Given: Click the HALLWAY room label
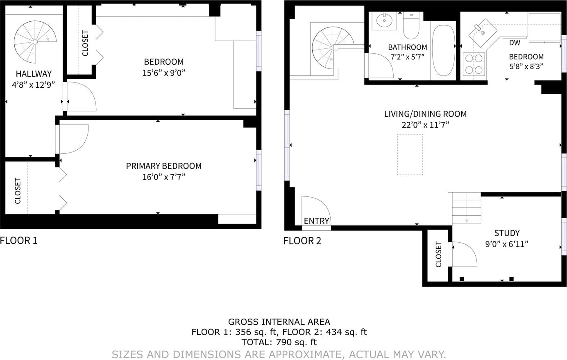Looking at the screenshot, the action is click(x=34, y=74).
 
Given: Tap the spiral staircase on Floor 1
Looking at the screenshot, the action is click(x=35, y=42).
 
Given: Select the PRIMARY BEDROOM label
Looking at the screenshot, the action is click(x=164, y=166).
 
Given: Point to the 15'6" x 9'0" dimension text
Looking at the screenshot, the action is click(x=164, y=73).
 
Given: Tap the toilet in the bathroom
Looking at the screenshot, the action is click(x=411, y=25).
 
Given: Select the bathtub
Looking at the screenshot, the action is click(x=443, y=50).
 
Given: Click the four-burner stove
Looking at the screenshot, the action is click(x=474, y=64).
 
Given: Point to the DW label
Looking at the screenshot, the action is click(x=515, y=43).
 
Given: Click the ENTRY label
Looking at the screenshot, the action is click(x=316, y=221).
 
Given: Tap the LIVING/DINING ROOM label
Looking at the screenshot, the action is click(x=425, y=114).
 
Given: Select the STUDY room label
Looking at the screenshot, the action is click(x=507, y=233).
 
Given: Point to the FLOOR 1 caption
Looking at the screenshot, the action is click(x=19, y=240).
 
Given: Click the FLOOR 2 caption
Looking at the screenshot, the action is click(x=302, y=241).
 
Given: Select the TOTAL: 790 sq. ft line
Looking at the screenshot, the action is click(x=279, y=342).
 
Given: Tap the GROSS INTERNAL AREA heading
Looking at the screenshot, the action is click(x=279, y=322).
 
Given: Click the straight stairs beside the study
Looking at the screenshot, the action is click(x=466, y=208).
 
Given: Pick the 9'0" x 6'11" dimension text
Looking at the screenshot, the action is click(x=507, y=244).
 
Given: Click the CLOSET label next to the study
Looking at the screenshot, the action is click(x=438, y=254).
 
